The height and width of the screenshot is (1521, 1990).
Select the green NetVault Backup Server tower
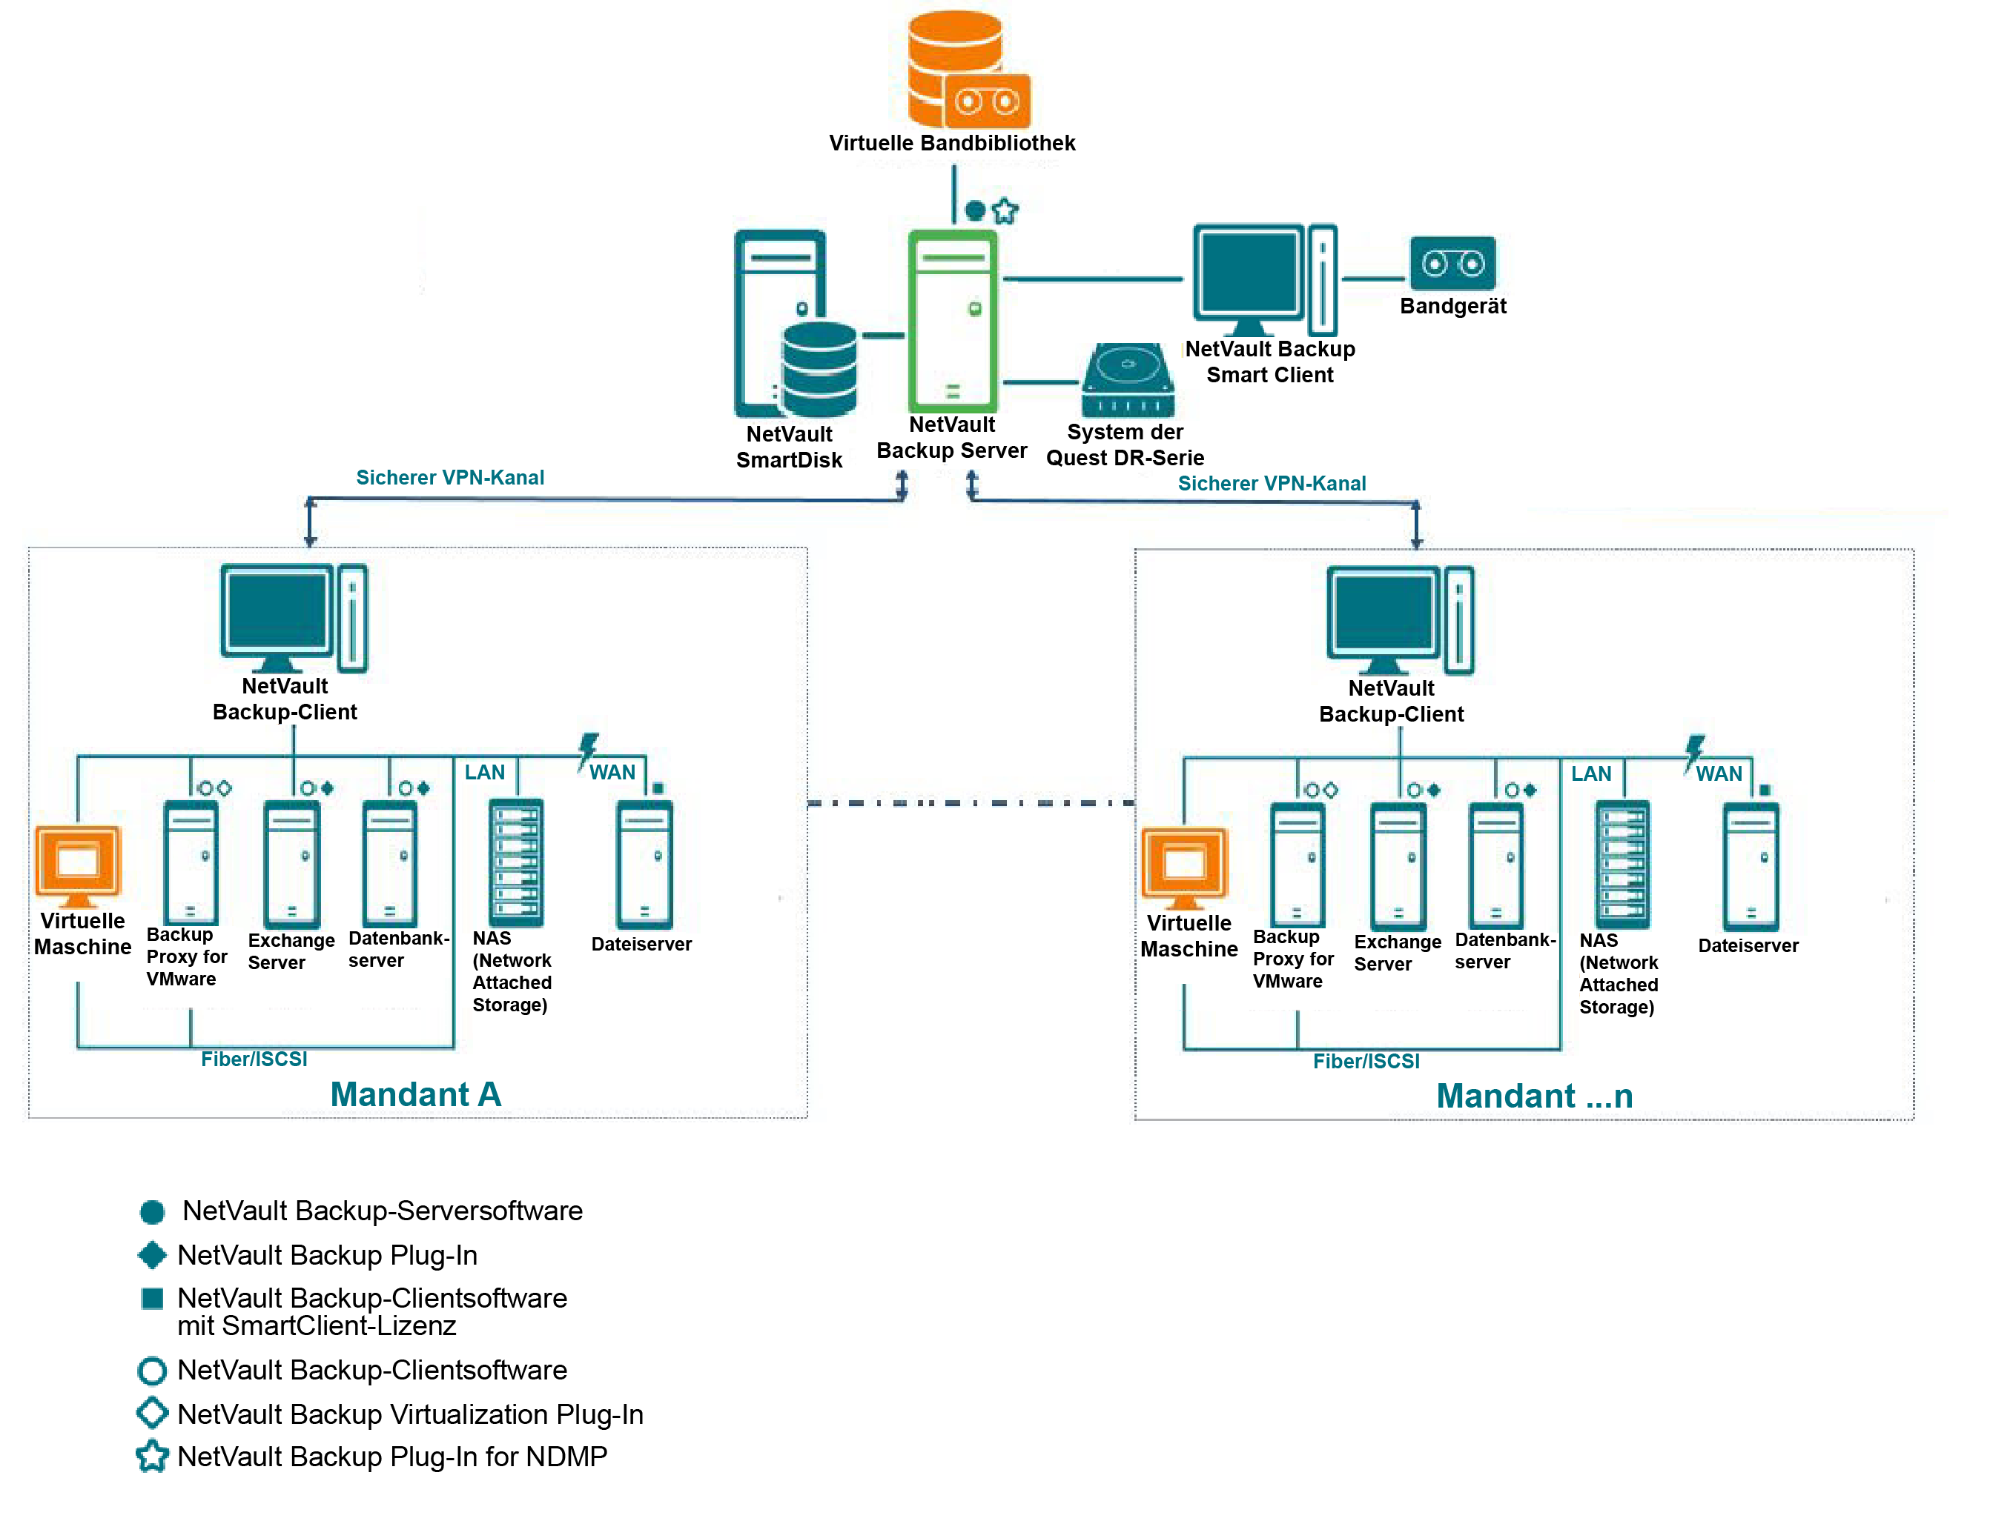(x=952, y=322)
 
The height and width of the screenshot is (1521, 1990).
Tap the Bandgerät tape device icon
(x=1452, y=264)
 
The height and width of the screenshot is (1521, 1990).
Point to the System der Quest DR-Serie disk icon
(x=1127, y=380)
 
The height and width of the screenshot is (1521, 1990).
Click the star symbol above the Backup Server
(x=1005, y=212)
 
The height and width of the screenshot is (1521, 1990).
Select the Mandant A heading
(x=415, y=1094)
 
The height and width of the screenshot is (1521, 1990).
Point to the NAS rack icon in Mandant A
(x=516, y=862)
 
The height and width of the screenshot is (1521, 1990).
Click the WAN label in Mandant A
(x=612, y=772)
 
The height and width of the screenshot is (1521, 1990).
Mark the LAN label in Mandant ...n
(x=1590, y=774)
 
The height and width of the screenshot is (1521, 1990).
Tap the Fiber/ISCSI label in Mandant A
(x=254, y=1059)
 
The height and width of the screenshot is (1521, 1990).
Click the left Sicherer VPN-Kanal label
(x=449, y=477)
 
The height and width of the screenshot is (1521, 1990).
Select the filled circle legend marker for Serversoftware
(x=152, y=1211)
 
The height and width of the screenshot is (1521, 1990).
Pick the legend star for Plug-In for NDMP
(x=152, y=1457)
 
